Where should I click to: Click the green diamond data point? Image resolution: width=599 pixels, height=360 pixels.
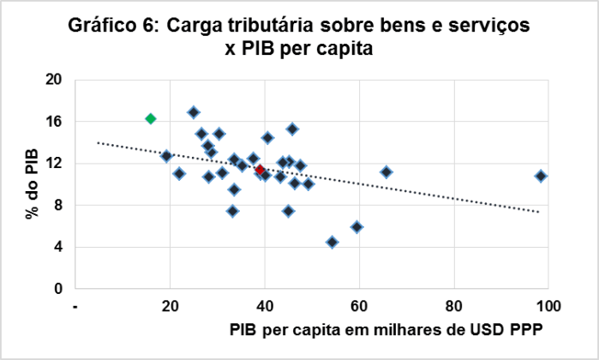click(x=150, y=118)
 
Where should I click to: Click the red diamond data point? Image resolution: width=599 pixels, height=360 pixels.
click(x=260, y=170)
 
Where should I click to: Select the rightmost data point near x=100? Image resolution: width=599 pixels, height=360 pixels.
click(x=541, y=176)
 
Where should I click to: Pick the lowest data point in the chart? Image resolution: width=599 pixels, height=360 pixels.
click(x=332, y=243)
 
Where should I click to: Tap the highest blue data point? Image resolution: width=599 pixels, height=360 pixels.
click(x=194, y=112)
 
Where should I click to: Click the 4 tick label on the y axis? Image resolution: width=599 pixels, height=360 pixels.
click(x=59, y=247)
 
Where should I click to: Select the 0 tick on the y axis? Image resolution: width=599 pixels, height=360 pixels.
click(x=59, y=289)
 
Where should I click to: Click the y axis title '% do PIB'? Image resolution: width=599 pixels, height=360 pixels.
click(x=32, y=184)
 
